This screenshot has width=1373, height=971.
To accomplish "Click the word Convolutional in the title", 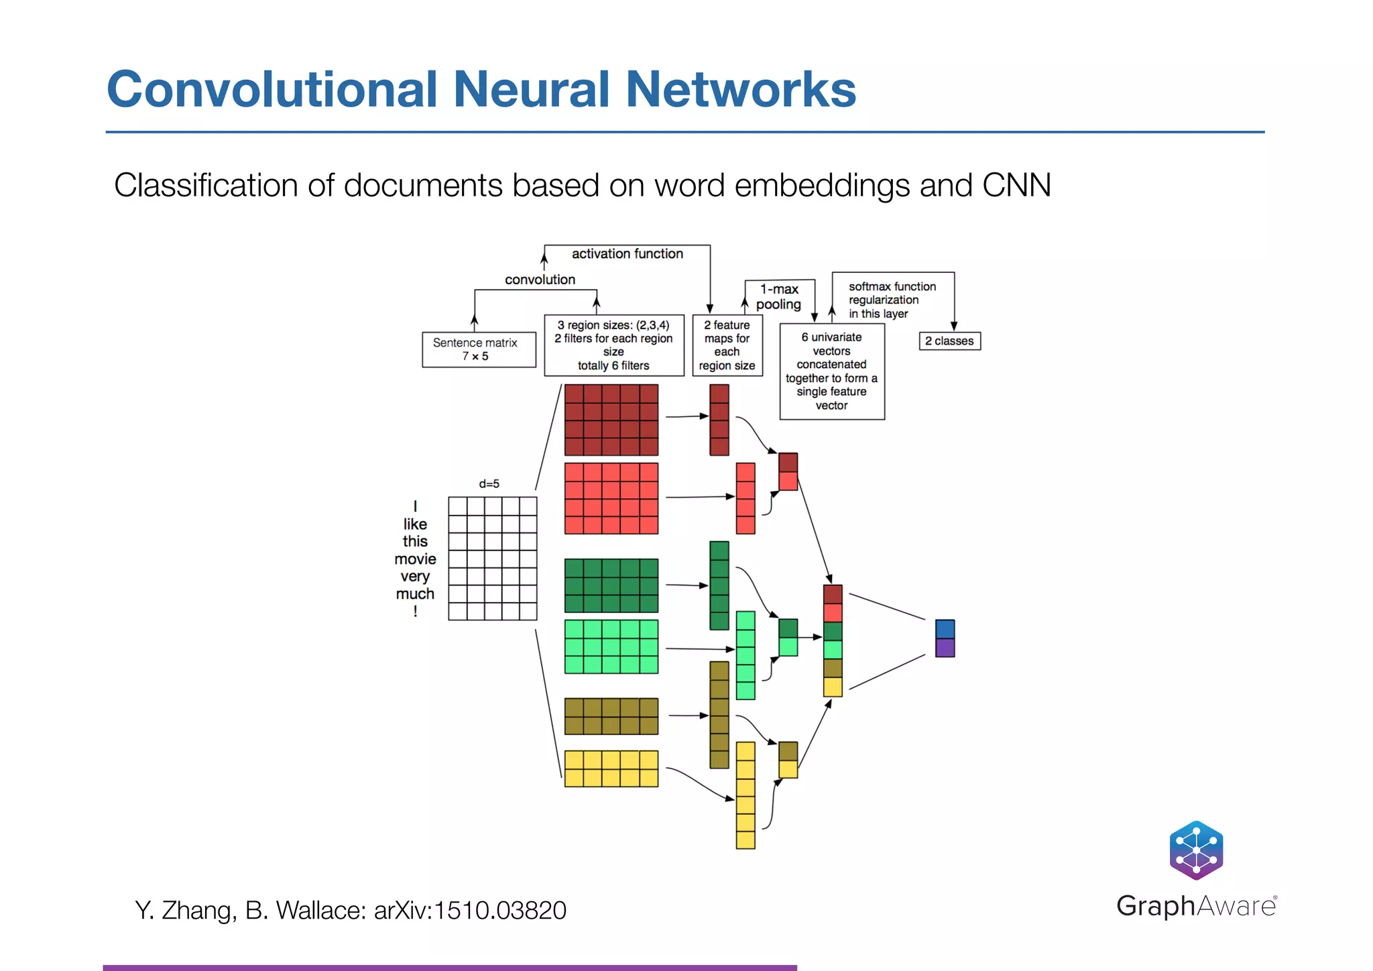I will pos(272,89).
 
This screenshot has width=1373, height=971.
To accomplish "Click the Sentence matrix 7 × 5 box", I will pos(478,349).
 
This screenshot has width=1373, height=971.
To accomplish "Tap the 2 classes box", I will pos(949,341).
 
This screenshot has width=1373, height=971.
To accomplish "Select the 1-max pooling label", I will pos(778,296).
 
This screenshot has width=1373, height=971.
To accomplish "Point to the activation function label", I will pos(627,254).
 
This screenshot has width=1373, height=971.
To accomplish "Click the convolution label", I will pos(540,280).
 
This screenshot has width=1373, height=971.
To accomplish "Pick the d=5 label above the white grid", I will pos(489,483).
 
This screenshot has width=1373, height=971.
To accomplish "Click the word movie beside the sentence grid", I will pos(415,559).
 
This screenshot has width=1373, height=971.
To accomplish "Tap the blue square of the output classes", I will pos(945,629).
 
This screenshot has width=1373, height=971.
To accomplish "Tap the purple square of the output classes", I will pos(945,648).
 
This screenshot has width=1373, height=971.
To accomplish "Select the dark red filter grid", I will pos(611,420).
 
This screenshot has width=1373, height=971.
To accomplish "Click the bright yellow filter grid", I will pos(611,768).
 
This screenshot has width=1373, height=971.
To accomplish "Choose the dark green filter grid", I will pos(611,585).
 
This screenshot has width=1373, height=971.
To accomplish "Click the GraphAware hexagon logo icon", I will pos(1196,850).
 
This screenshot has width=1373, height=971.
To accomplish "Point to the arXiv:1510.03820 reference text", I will pos(470,911).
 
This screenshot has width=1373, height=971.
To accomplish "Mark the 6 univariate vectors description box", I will pos(831,372).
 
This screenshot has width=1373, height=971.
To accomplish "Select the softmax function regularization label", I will pos(891,300).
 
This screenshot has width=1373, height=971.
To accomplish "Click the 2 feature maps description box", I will pos(727,345).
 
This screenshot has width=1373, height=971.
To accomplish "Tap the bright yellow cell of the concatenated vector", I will pos(833,687).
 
